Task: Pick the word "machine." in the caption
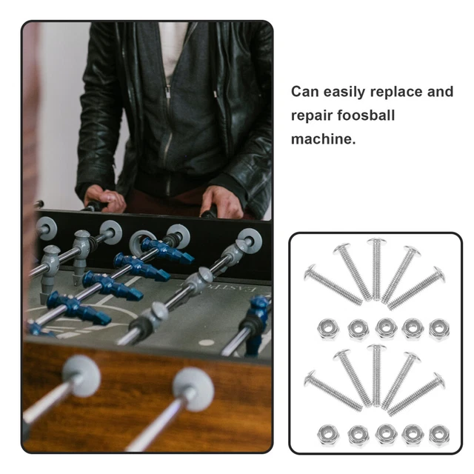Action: tap(324, 138)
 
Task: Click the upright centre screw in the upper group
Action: tap(375, 269)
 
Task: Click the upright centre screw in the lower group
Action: tap(375, 374)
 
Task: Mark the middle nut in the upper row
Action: tap(384, 327)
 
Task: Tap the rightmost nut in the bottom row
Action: tap(438, 434)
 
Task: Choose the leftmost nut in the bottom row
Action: tap(327, 434)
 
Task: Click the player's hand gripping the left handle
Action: tap(104, 198)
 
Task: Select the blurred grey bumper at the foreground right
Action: tap(193, 388)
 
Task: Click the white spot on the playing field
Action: tap(205, 344)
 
